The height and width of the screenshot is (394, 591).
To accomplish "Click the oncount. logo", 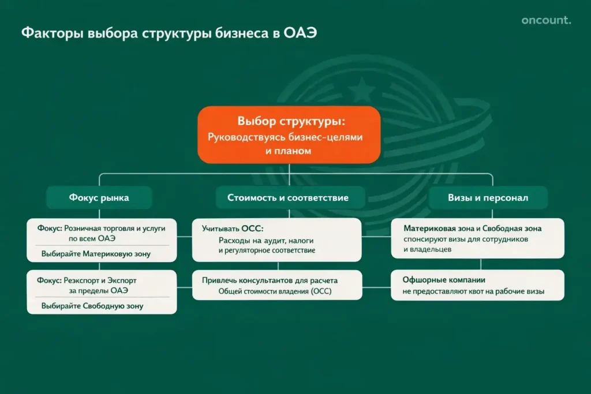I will click(x=546, y=21).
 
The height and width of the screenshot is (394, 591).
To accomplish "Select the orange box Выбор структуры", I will click(x=289, y=134).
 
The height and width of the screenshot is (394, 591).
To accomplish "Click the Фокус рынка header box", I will click(x=99, y=198).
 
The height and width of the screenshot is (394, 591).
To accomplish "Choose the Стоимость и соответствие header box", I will click(x=288, y=198).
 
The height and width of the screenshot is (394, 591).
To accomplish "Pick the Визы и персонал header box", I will click(x=488, y=198).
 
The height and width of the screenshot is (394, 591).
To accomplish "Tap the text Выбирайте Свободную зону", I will click(x=92, y=306).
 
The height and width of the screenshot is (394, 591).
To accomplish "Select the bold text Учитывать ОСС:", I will click(x=233, y=228).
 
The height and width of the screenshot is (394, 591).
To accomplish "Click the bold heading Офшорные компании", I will click(x=444, y=280).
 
